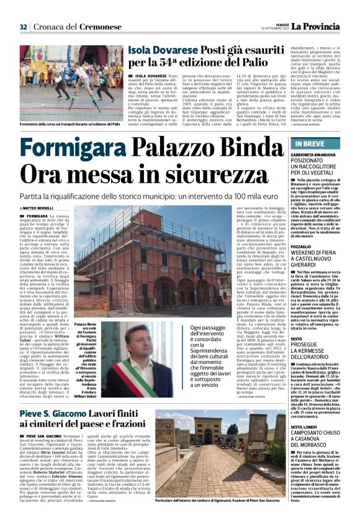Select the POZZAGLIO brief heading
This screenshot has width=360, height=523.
(x=301, y=246)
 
